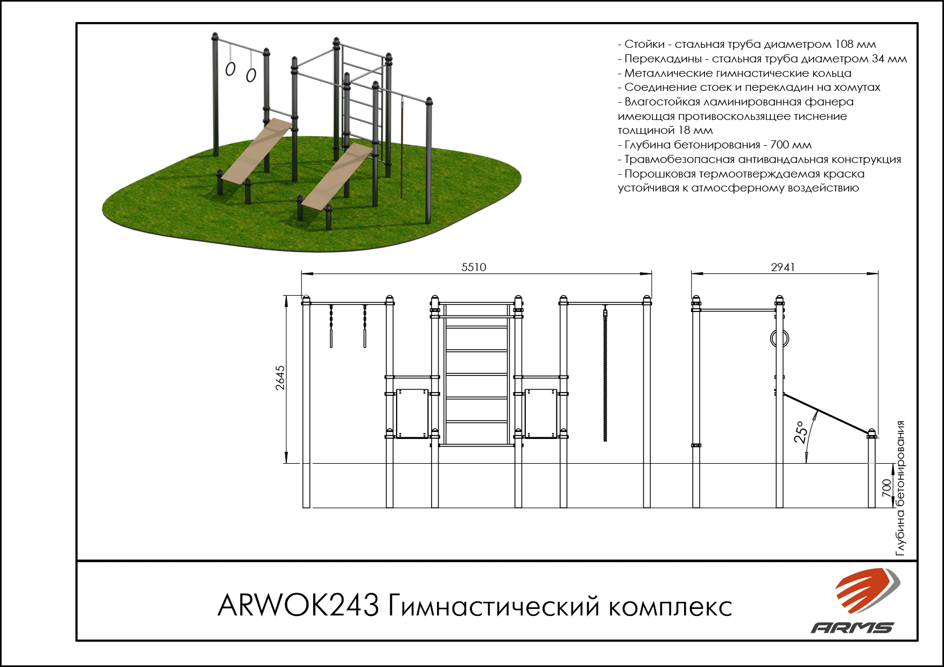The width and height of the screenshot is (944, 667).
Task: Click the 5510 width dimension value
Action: pos(474,267)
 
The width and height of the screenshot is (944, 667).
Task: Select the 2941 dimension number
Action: pos(783,267)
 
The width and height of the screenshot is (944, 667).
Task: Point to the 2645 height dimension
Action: pos(280,378)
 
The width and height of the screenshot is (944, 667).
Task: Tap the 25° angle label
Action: pos(801,432)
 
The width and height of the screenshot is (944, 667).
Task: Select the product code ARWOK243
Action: pos(298,606)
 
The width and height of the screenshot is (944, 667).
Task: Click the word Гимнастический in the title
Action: pos(494,606)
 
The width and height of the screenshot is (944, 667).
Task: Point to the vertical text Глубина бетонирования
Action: pos(900,488)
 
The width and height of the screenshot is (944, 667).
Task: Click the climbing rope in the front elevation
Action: pos(605,377)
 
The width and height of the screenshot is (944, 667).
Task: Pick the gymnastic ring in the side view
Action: pos(780,338)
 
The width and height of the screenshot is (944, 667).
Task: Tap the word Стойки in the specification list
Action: pos(645,44)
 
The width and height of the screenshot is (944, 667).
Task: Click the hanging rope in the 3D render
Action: pos(401,148)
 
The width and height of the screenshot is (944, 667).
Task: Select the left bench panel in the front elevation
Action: pos(412,414)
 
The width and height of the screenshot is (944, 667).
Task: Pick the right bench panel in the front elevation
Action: pos(541,414)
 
